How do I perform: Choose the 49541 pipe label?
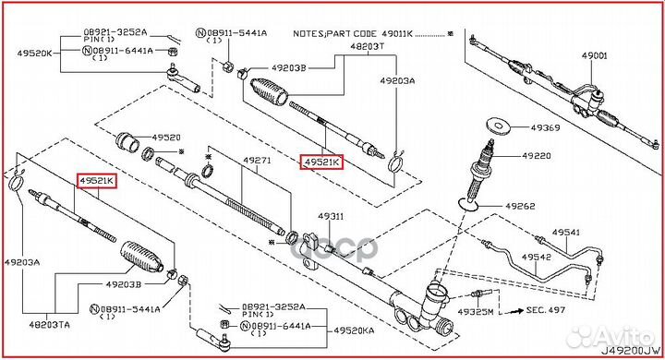coord(566,232)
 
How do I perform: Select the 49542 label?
coord(537,256)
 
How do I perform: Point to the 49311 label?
coord(331,216)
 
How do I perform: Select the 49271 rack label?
coord(257,160)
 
